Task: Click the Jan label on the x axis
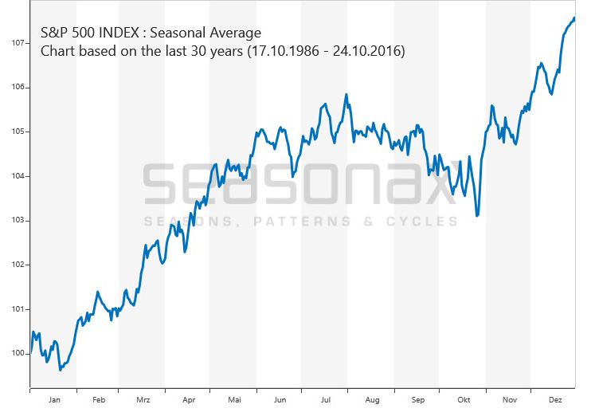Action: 54,400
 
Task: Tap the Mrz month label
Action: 143,400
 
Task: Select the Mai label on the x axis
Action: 234,400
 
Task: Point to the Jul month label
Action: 326,400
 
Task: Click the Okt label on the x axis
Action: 464,400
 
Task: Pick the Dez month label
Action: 555,400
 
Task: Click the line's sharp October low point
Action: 477,215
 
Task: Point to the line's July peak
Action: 346,95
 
